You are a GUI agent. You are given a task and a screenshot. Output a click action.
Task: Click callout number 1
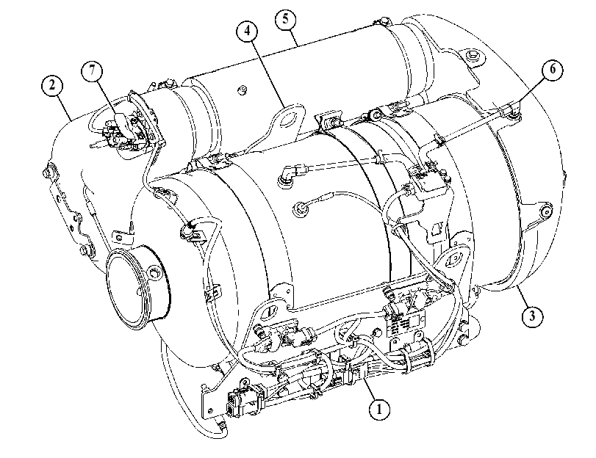click(x=379, y=409)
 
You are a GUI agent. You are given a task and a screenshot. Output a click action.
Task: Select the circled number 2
click(x=52, y=84)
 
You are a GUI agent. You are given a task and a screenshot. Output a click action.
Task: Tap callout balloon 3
click(x=532, y=315)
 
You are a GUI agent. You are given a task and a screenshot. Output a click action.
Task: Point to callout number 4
click(x=247, y=30)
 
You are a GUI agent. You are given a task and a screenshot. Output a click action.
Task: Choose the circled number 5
click(x=285, y=18)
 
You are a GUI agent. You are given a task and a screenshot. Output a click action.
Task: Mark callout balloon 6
click(x=553, y=69)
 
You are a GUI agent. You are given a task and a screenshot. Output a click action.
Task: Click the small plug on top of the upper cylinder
click(x=240, y=90)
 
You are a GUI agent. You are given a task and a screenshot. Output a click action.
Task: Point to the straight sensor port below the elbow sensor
click(x=301, y=208)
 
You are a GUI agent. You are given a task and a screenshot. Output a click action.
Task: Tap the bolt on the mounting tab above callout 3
click(x=546, y=211)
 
